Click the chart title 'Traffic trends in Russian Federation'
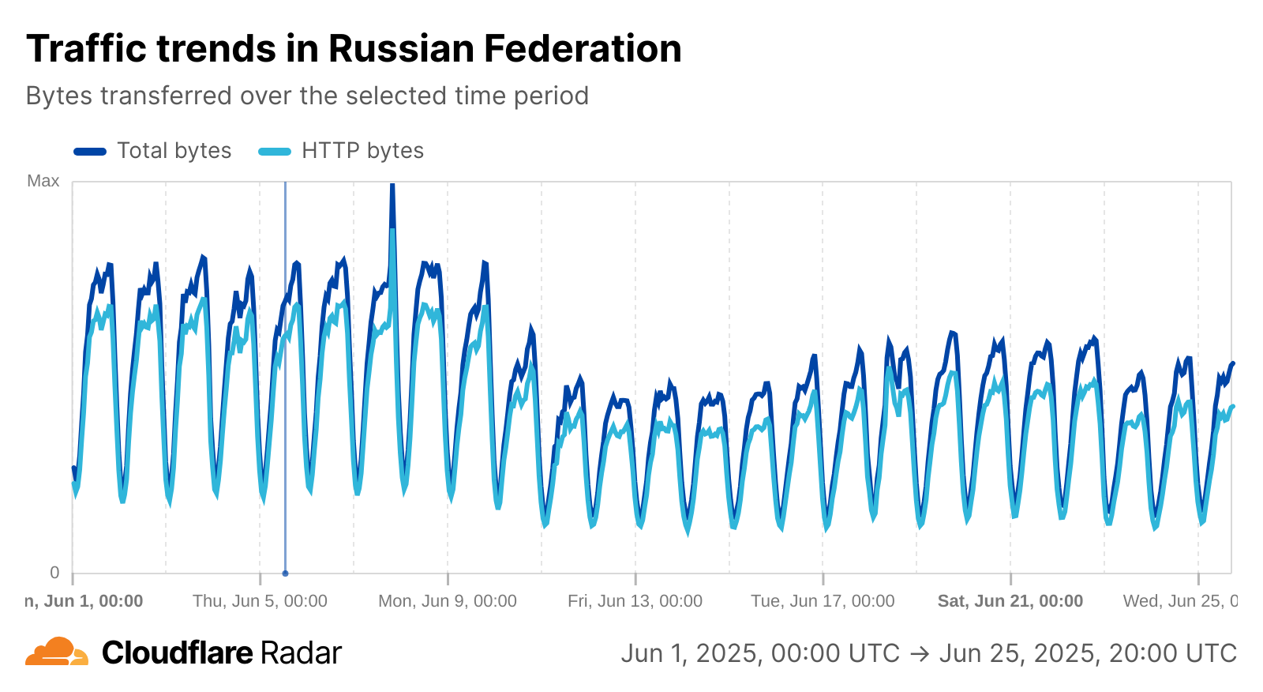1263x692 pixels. coord(354,49)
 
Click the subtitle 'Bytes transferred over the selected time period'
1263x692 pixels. coord(307,96)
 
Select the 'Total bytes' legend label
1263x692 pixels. coord(174,151)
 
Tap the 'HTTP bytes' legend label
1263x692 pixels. coord(362,151)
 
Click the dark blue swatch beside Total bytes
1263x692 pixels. coord(90,151)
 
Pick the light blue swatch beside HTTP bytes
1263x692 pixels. coord(275,151)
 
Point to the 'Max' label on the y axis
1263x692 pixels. coord(43,181)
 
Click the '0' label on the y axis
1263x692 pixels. coord(54,573)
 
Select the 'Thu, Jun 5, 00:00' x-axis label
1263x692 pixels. coord(260,601)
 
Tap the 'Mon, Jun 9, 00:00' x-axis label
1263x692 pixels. coord(448,601)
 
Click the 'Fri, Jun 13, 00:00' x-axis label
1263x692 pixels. coord(635,601)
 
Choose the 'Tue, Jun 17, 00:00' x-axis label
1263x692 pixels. coord(823,601)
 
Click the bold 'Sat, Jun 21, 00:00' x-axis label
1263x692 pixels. coord(1010,601)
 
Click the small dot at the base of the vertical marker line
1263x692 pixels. coord(285,574)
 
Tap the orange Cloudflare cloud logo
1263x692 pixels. coord(56,652)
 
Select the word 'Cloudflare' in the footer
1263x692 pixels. coord(178,653)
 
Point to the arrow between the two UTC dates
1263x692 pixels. coord(920,654)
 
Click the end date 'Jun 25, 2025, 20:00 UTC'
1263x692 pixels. coord(1088,654)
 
